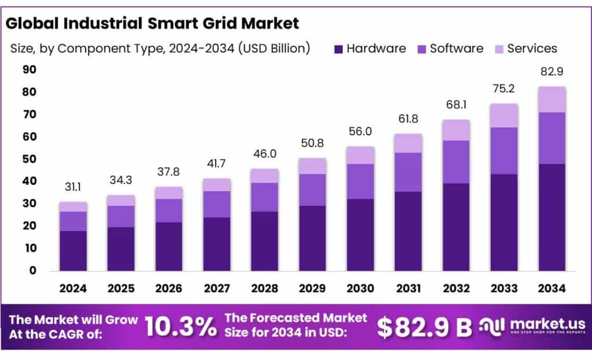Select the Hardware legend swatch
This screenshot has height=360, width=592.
click(x=338, y=49)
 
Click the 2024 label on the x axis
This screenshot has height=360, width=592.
click(x=73, y=288)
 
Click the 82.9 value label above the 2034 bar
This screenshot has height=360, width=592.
click(x=551, y=73)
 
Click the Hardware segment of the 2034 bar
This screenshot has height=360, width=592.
click(x=551, y=217)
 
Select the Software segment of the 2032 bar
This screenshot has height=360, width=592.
click(x=456, y=162)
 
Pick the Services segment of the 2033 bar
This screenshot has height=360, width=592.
click(x=504, y=116)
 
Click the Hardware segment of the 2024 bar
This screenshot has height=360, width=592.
click(x=73, y=251)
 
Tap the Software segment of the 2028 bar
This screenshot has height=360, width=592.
click(x=264, y=197)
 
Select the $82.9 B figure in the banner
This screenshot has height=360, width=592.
click(x=424, y=327)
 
